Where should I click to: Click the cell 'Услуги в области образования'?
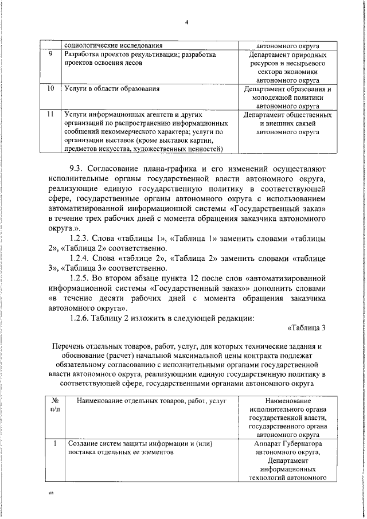[x=112, y=89]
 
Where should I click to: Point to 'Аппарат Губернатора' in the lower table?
[x=288, y=443]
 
